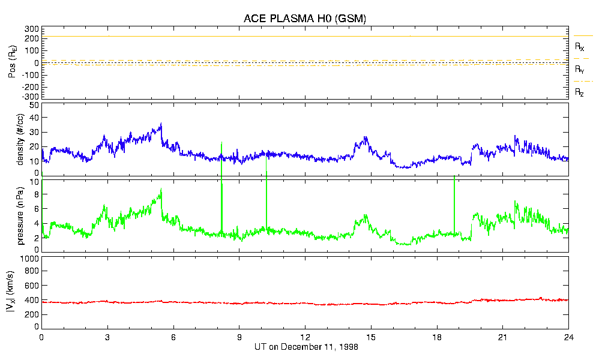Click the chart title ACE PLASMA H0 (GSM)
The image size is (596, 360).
(304, 19)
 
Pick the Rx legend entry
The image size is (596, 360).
(580, 46)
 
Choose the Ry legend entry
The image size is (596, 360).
(580, 70)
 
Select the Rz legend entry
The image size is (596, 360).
(580, 92)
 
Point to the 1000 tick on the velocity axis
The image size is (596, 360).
(29, 259)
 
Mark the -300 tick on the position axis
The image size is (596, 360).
(30, 96)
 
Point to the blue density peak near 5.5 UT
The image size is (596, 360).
(161, 124)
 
